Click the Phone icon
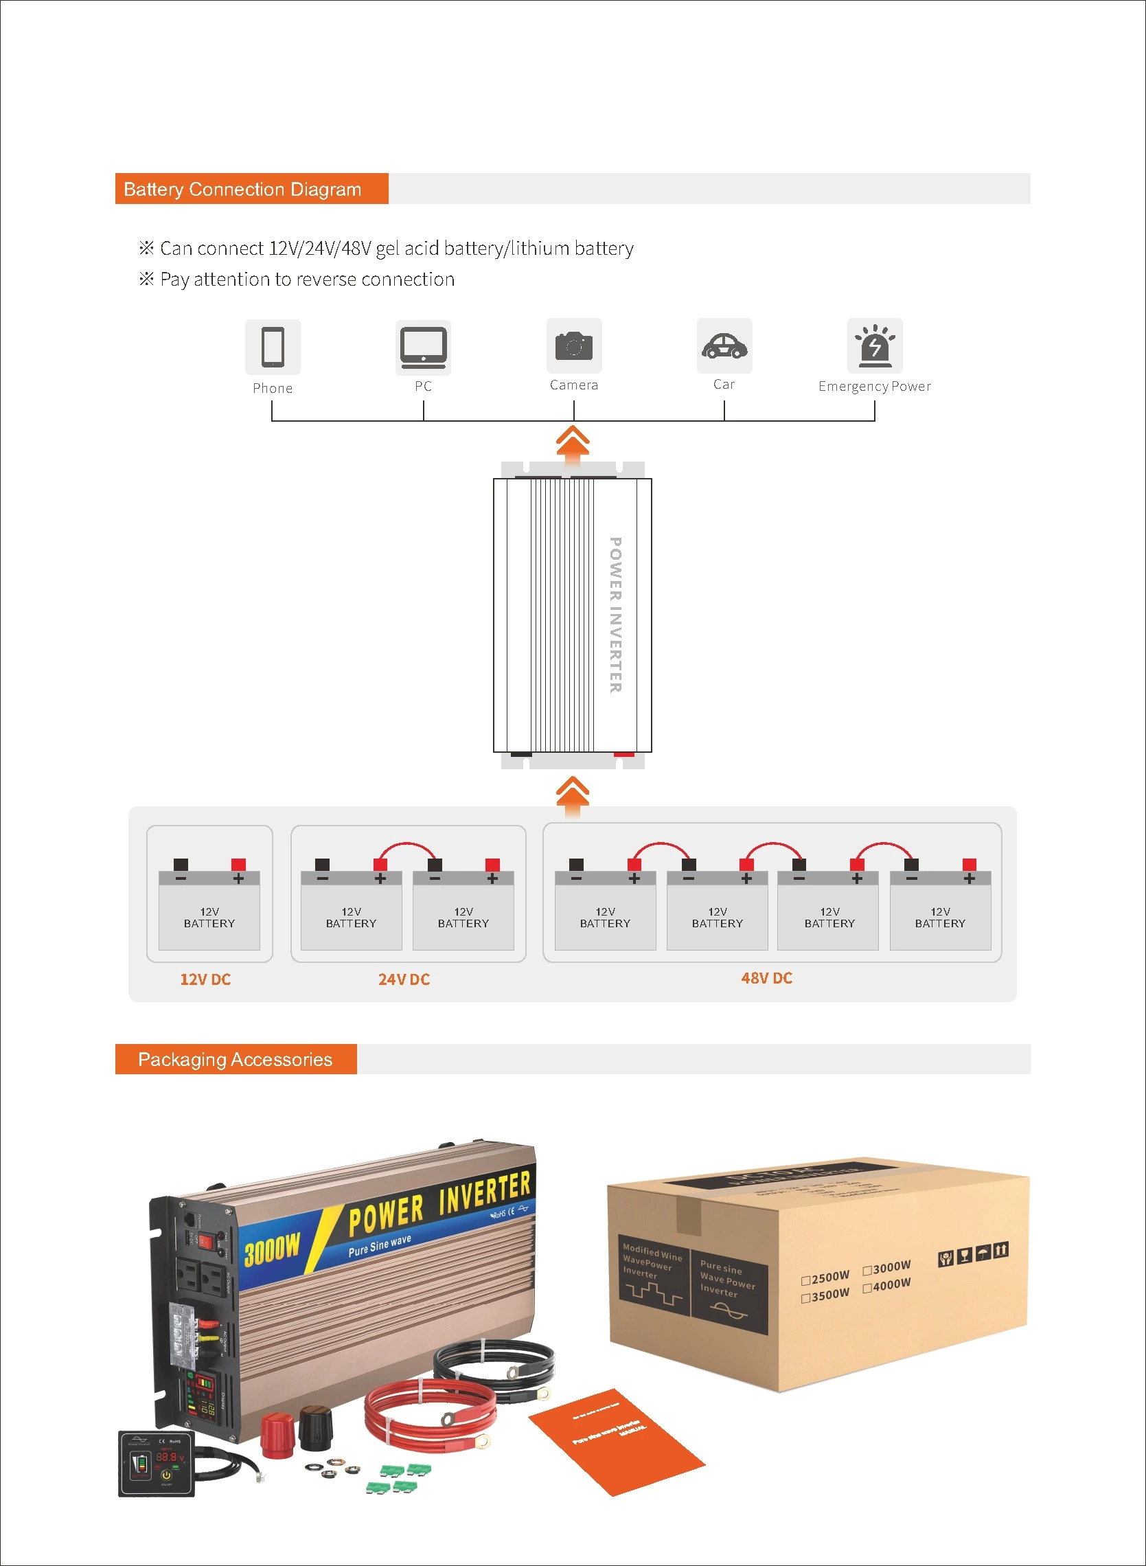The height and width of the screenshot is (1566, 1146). pos(273,346)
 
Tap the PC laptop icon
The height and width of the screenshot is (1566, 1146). pos(423,347)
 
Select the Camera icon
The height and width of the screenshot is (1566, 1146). pos(574,345)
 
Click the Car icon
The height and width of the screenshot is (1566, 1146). pos(724,345)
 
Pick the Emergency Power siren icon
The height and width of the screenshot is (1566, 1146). pos(875,345)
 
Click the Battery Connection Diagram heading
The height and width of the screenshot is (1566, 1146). pos(242,189)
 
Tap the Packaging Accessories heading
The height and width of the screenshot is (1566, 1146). pos(235,1059)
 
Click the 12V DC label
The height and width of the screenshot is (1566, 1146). pos(205,979)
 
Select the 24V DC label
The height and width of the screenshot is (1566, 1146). pos(404,979)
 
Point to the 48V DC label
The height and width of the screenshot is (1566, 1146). pos(766,977)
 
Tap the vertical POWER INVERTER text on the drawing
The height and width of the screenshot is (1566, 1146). pos(615,615)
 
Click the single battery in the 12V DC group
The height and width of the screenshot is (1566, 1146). pos(209,910)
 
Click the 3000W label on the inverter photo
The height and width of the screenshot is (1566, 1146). pos(272,1249)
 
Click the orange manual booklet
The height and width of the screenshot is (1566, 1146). pos(615,1442)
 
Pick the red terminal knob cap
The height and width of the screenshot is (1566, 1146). pos(277,1434)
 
